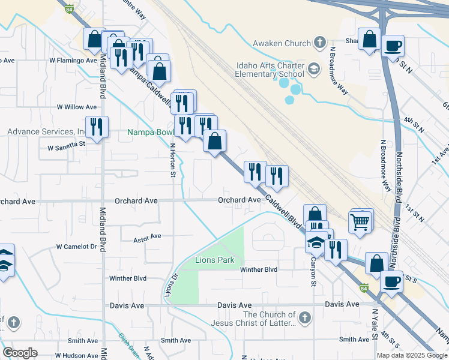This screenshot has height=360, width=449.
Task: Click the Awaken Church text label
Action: (x=282, y=43)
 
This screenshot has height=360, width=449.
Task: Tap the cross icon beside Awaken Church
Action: (x=321, y=43)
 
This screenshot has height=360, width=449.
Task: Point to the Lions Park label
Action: (x=214, y=260)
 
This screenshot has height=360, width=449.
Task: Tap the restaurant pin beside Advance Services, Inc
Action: (x=97, y=127)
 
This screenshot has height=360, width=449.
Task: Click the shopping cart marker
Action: (x=360, y=221)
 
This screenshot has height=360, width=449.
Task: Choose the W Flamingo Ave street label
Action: (x=73, y=61)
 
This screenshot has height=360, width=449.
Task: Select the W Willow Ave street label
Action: (x=77, y=107)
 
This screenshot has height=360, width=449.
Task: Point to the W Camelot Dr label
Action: (x=76, y=247)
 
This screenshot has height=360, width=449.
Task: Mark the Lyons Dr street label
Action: (x=170, y=284)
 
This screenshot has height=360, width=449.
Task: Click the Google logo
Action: (x=20, y=353)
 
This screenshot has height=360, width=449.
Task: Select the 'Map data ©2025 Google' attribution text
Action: (x=412, y=355)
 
